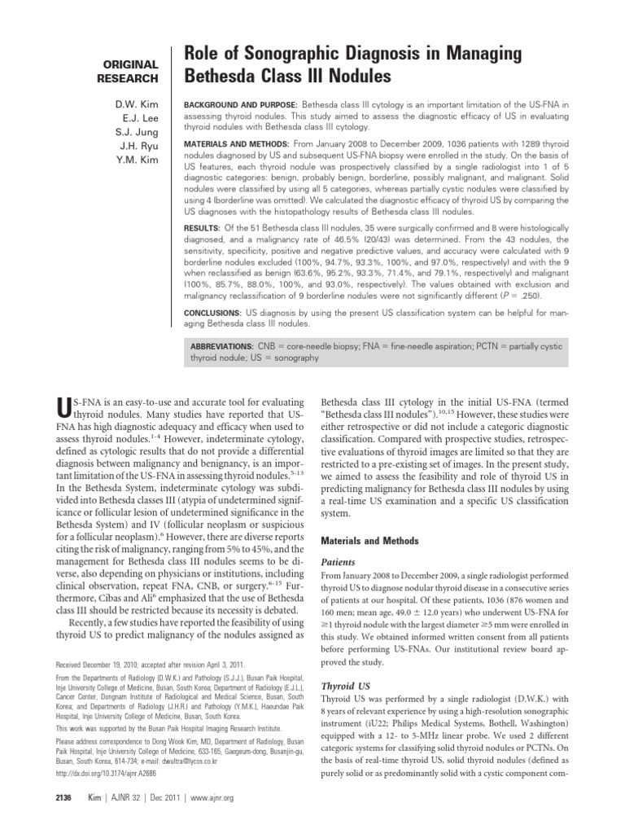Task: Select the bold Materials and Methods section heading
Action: (371, 540)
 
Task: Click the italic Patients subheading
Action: (340, 561)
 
